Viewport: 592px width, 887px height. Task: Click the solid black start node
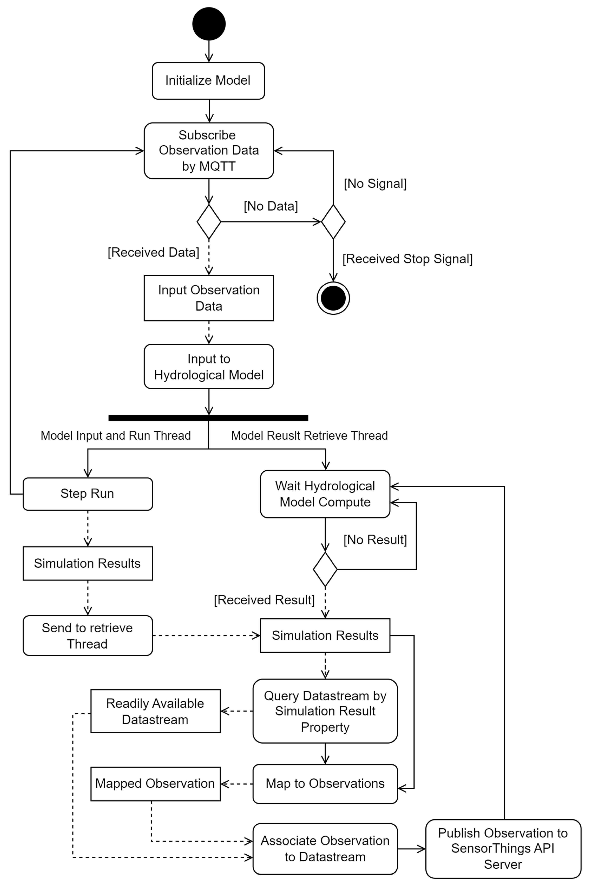[209, 24]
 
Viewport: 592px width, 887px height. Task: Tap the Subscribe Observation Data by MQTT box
[209, 151]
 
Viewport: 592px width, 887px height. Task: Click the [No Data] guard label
[271, 206]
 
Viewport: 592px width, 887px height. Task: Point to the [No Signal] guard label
[375, 183]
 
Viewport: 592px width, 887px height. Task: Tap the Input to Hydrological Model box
[209, 367]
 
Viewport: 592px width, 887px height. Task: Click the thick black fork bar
[208, 418]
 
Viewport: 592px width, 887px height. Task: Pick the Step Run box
[88, 494]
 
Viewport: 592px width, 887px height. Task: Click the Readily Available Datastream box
[155, 711]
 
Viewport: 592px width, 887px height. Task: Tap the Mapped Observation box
[155, 784]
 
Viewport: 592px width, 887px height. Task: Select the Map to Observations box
[325, 784]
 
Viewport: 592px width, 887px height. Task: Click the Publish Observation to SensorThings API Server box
[503, 849]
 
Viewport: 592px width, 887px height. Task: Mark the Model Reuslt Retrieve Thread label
[309, 436]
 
